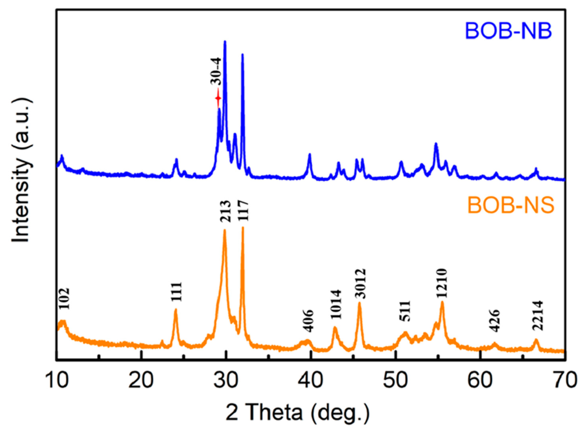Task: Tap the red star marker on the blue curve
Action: (218, 98)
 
